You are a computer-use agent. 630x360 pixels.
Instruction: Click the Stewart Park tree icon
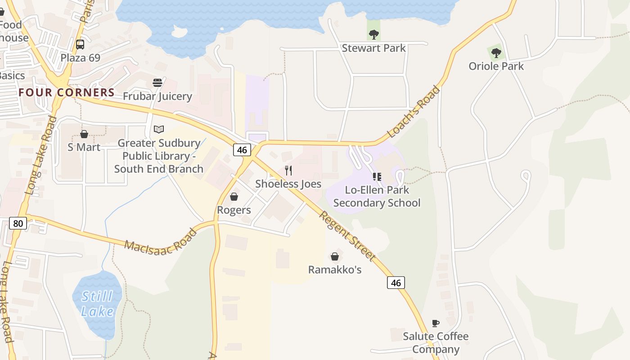[373, 34]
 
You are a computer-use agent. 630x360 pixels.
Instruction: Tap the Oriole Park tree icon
[496, 53]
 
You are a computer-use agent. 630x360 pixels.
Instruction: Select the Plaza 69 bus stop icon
[80, 45]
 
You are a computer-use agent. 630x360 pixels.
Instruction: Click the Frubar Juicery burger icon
[157, 83]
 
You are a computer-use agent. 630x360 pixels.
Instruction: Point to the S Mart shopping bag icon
[84, 134]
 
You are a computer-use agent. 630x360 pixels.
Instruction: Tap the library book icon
[159, 130]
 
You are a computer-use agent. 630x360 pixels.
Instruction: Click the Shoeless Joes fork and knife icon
[288, 171]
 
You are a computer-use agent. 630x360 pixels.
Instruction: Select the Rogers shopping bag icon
[234, 197]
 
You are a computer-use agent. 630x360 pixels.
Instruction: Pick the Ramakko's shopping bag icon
[335, 256]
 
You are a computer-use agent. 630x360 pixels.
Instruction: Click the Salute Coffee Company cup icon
[435, 323]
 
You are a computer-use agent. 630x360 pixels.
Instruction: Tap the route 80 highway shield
[18, 223]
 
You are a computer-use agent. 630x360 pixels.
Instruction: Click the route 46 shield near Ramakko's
[396, 283]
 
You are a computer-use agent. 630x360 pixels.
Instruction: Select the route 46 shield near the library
[242, 150]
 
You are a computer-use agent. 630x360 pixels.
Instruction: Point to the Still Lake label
[98, 304]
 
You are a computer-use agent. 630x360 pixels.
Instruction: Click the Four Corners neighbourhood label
[67, 93]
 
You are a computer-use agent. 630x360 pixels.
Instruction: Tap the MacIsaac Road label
[161, 240]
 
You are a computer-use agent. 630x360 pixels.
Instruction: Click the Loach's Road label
[414, 111]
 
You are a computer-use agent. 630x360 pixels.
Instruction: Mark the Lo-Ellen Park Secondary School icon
[377, 177]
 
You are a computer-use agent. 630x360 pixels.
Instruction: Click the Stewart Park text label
[373, 48]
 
